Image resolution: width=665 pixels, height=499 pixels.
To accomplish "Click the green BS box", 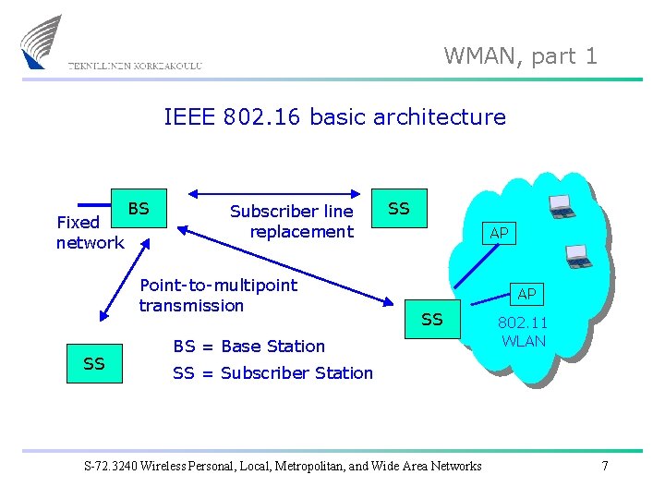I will click(x=139, y=210).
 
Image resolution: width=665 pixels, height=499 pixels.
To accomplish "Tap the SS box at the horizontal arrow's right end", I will click(x=399, y=209).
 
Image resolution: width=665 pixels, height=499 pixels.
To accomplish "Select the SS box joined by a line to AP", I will click(x=432, y=320).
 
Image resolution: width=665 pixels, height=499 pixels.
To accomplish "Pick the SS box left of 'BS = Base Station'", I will click(x=94, y=364).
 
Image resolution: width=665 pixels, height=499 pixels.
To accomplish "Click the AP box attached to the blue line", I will click(x=499, y=234).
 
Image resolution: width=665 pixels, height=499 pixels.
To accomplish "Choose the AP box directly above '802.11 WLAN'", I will click(x=526, y=295).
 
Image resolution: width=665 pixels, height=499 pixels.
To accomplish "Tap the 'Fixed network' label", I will click(x=89, y=232).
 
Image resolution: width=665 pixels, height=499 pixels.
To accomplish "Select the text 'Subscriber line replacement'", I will click(x=292, y=221).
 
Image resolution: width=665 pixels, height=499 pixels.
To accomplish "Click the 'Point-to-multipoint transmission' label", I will click(x=218, y=295).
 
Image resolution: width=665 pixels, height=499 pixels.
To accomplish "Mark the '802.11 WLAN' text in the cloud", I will click(x=524, y=332).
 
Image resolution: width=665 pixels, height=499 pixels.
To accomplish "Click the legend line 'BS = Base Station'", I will click(x=249, y=347).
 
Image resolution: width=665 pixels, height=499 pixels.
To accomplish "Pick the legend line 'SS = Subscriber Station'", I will click(x=272, y=373).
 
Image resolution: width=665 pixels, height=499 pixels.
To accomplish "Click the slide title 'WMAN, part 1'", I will click(x=521, y=56).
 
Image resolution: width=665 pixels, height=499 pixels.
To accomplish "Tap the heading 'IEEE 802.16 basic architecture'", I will click(x=334, y=117).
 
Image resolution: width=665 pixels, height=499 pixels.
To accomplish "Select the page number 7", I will click(x=605, y=466).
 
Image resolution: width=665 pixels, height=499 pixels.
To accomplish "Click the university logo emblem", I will click(x=42, y=42).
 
